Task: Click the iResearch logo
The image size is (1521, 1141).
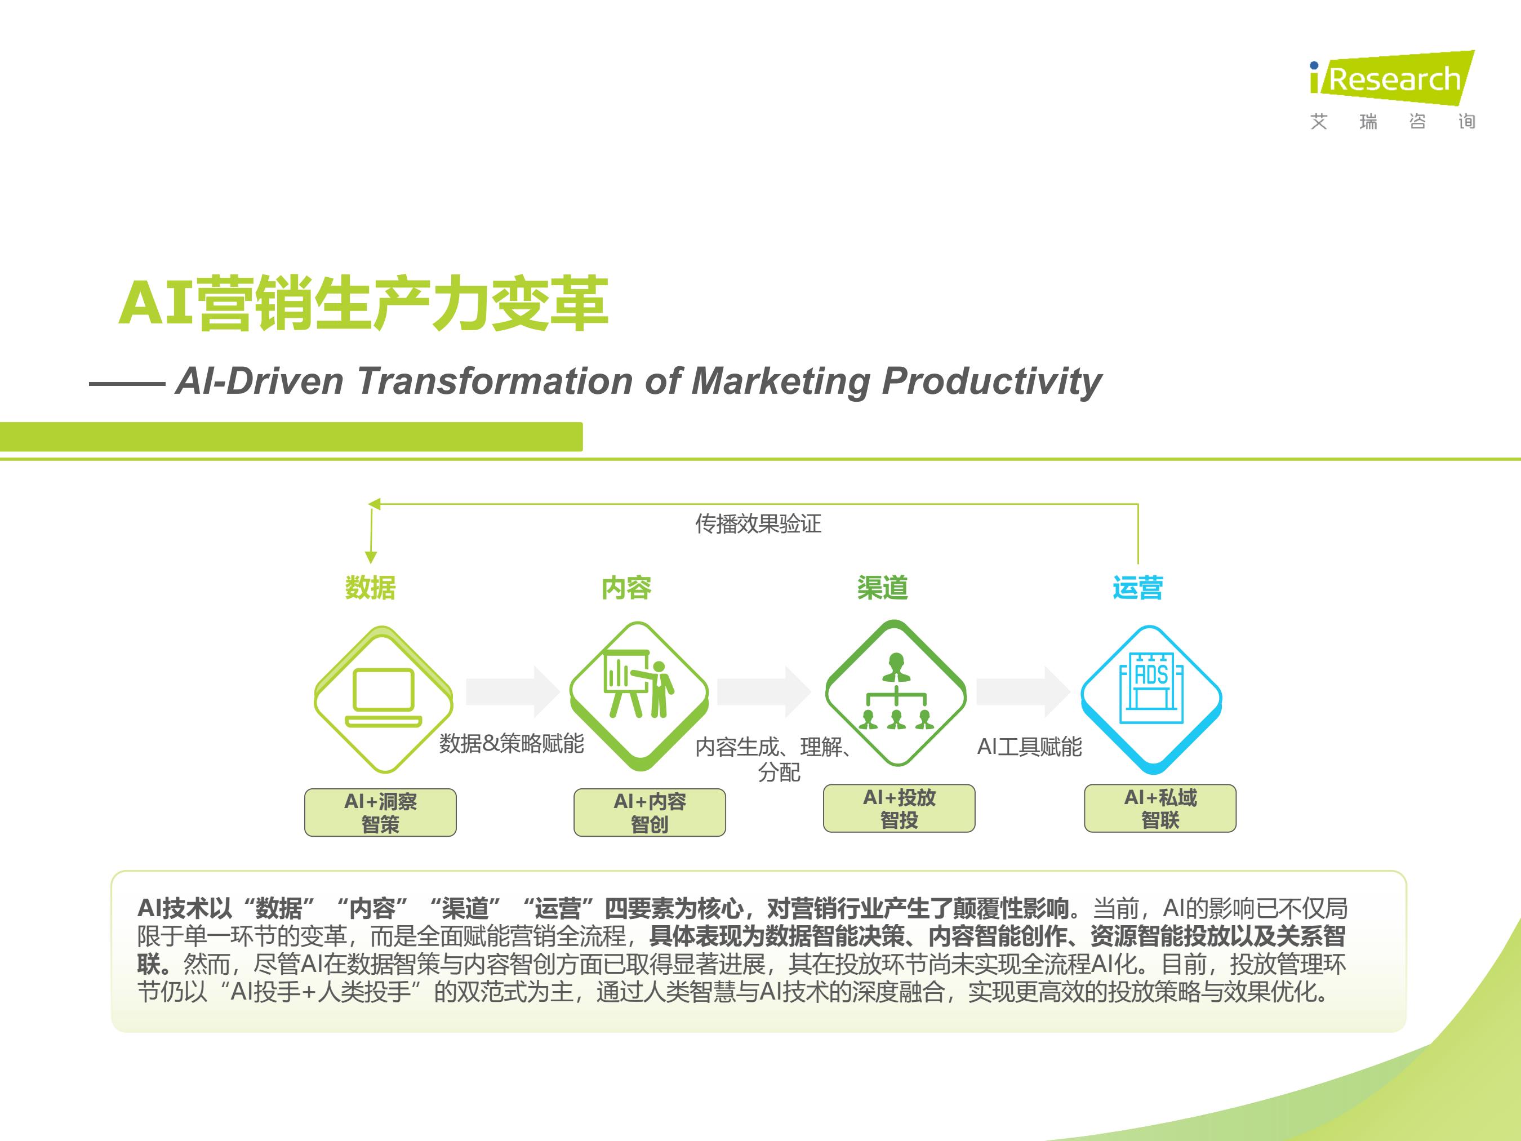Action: pyautogui.click(x=1393, y=90)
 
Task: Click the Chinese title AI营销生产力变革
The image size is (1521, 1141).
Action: pyautogui.click(x=363, y=303)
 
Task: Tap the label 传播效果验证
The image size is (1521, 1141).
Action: pyautogui.click(x=758, y=524)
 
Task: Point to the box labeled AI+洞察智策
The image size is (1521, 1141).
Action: pyautogui.click(x=380, y=813)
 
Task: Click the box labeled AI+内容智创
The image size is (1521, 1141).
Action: pyautogui.click(x=650, y=813)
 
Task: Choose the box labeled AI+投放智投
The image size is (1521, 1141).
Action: pyautogui.click(x=900, y=808)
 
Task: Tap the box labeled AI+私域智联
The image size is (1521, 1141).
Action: pyautogui.click(x=1160, y=808)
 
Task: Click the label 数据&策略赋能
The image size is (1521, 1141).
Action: pyautogui.click(x=512, y=743)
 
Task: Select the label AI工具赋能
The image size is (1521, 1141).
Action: pyautogui.click(x=1029, y=747)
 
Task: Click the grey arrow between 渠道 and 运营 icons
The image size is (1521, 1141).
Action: pyautogui.click(x=1023, y=691)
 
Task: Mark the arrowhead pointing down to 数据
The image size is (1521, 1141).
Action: pyautogui.click(x=371, y=557)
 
